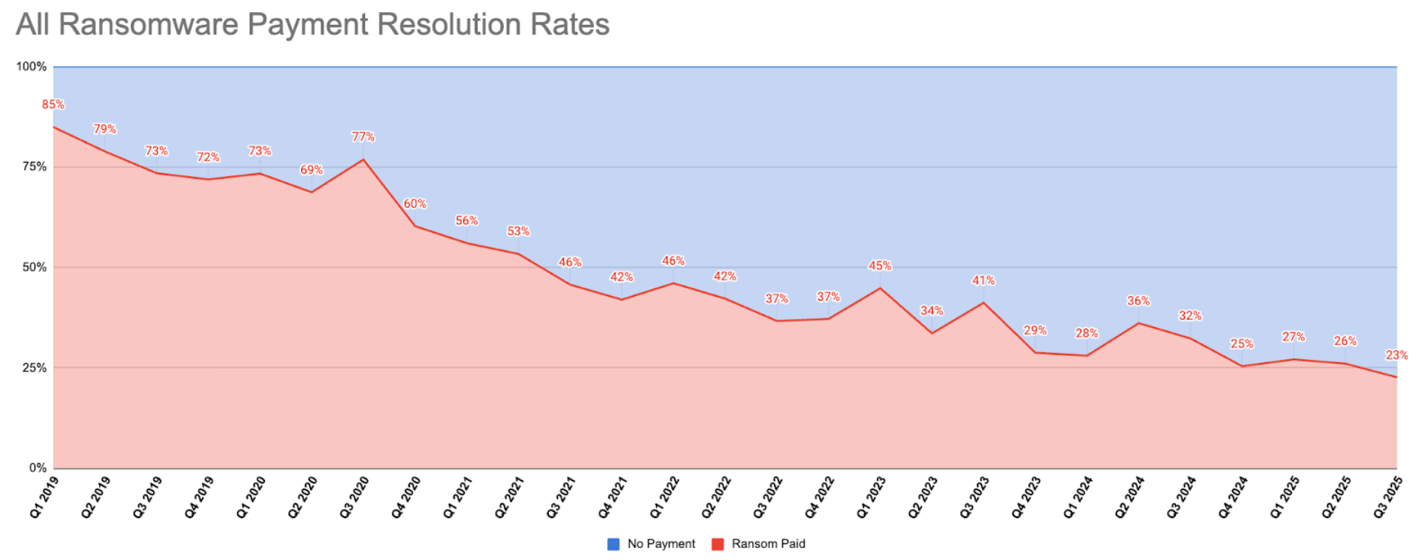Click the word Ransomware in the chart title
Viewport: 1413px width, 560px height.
tap(148, 24)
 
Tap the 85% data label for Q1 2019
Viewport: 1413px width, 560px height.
tap(53, 104)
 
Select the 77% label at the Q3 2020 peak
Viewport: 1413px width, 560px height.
tap(363, 137)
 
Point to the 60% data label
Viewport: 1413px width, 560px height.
tap(415, 204)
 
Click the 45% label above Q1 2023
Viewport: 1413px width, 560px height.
tap(880, 266)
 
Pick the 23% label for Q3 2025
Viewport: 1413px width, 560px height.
tap(1396, 355)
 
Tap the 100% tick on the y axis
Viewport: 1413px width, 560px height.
tap(32, 67)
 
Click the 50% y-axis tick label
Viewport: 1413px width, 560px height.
tap(35, 268)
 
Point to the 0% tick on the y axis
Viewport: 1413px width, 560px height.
tap(38, 468)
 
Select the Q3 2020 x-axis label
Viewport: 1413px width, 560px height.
tap(354, 497)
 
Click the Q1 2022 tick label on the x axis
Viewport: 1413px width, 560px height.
tap(664, 497)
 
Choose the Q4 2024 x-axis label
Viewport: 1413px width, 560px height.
tap(1233, 497)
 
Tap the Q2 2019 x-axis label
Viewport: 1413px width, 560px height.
tap(96, 497)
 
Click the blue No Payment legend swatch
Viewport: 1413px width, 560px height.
tap(613, 544)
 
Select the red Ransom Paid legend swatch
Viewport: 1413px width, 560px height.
tap(718, 544)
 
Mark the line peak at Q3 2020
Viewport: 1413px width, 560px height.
tap(363, 159)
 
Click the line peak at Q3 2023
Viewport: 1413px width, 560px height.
tap(984, 303)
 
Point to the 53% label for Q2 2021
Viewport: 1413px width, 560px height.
tap(518, 232)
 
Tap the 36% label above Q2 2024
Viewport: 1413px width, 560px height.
tap(1138, 301)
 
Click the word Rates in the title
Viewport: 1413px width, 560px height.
tap(570, 24)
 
